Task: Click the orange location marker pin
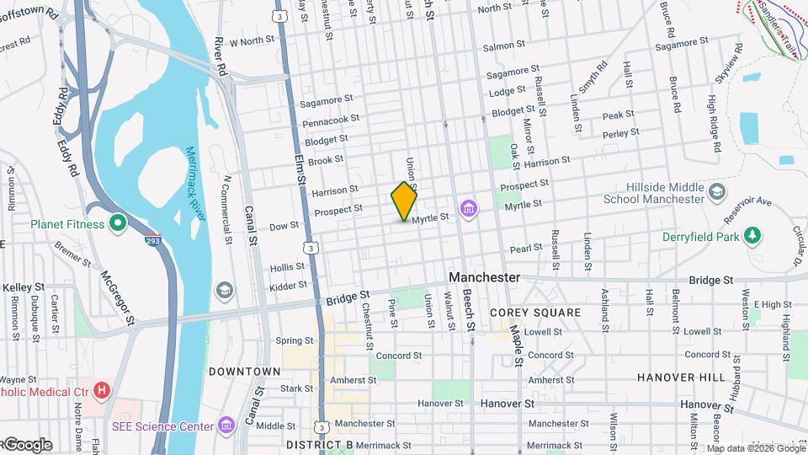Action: click(404, 201)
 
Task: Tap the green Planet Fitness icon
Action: click(118, 224)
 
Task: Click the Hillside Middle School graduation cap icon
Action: click(716, 191)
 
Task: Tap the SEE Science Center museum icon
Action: click(226, 424)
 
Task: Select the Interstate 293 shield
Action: click(152, 240)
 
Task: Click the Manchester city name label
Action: click(484, 277)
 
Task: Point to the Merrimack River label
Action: click(196, 184)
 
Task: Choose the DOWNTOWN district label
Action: click(244, 371)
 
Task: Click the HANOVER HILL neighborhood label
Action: click(681, 377)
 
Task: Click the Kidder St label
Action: click(289, 287)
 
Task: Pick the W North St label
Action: click(252, 40)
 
